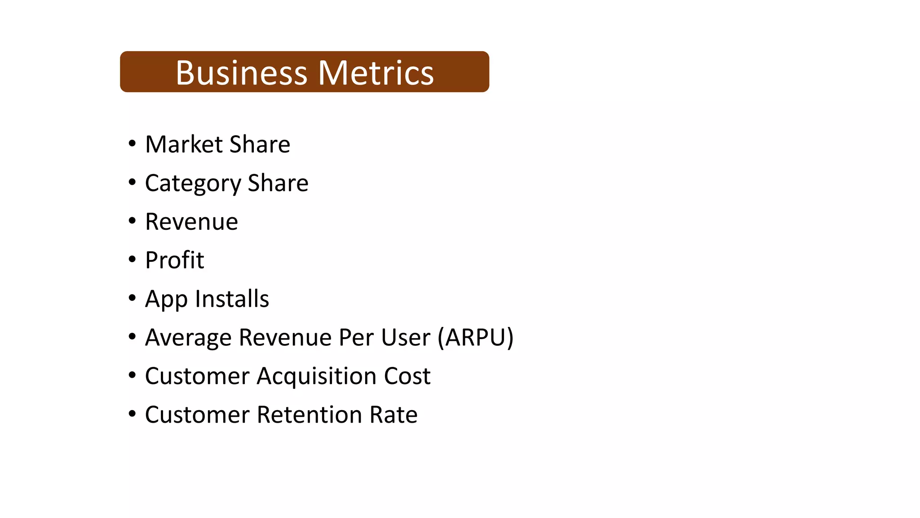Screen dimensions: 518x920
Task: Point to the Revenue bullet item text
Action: [x=191, y=222]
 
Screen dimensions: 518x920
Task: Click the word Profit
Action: [x=174, y=260]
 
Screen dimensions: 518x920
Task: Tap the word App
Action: [x=166, y=299]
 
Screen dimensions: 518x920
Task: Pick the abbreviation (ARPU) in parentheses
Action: [x=476, y=338]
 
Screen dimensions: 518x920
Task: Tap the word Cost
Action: [x=407, y=376]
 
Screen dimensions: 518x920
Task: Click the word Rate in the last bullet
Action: [x=393, y=415]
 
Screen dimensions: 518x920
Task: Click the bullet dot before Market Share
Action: [x=132, y=144]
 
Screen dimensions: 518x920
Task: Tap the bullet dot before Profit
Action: [x=132, y=259]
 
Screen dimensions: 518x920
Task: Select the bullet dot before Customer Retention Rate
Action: [x=132, y=414]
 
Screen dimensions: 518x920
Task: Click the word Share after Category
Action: [x=278, y=183]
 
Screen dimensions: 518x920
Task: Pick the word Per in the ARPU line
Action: [x=356, y=337]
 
